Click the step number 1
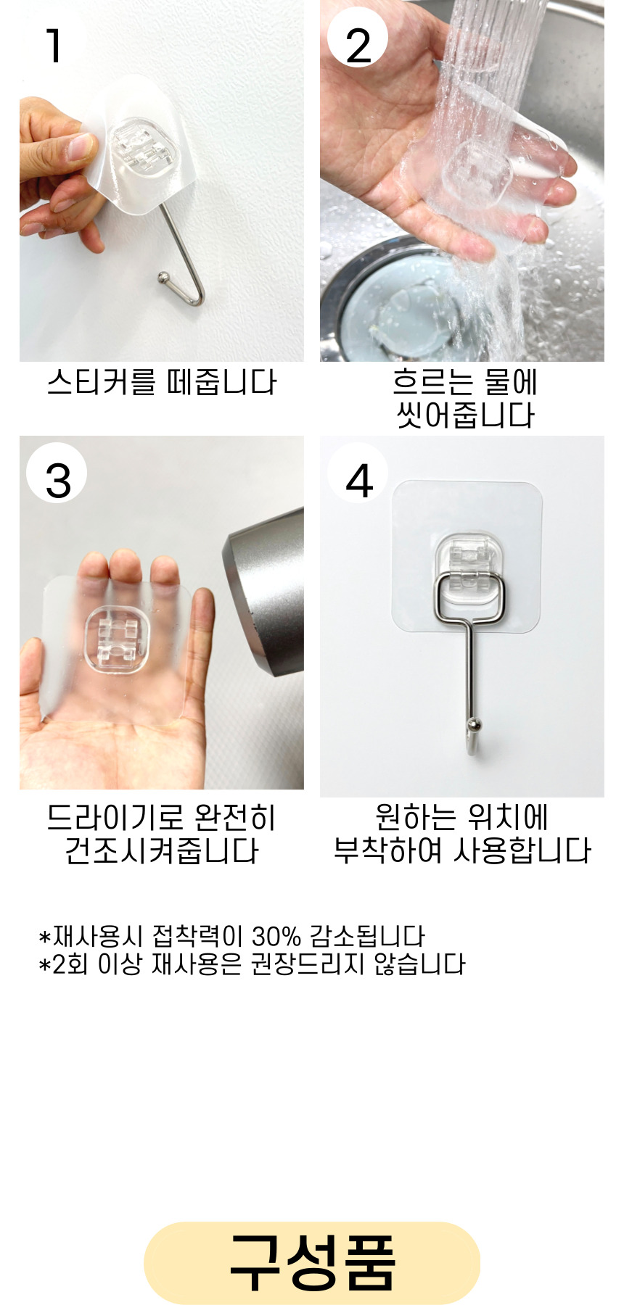[54, 46]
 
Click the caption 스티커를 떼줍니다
[162, 382]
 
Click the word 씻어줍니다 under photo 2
[465, 415]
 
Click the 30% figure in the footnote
[276, 936]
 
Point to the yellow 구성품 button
[312, 1262]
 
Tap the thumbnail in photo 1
[79, 146]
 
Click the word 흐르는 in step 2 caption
[424, 382]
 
